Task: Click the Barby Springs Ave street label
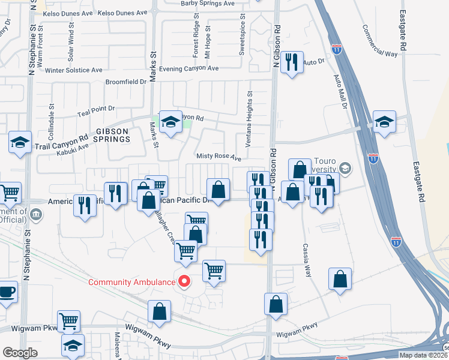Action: pos(208,3)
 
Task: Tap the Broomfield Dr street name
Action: pos(125,82)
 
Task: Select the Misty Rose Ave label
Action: pos(218,157)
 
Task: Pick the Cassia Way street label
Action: pos(307,259)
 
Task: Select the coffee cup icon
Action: pos(7,292)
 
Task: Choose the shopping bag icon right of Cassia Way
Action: pos(340,278)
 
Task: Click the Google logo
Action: pos(20,353)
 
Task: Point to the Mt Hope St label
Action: pos(208,41)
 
